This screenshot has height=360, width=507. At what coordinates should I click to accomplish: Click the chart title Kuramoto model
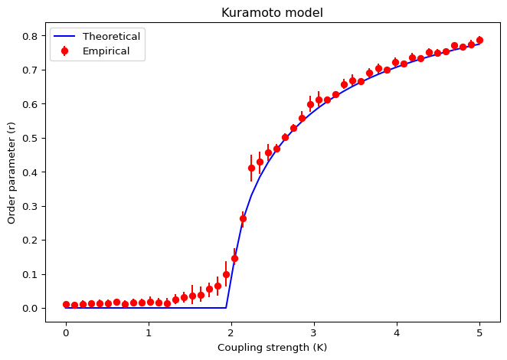click(272, 12)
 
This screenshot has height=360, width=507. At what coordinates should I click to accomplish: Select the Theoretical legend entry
click(112, 37)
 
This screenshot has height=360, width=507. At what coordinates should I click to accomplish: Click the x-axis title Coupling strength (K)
click(272, 348)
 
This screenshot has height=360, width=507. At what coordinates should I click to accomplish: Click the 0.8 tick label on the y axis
click(31, 36)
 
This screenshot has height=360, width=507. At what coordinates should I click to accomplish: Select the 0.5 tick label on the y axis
click(31, 138)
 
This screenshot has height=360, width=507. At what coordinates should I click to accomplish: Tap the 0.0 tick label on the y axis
click(31, 308)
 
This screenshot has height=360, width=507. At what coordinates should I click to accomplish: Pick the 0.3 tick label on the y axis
click(31, 206)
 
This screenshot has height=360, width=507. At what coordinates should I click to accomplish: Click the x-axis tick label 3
click(314, 333)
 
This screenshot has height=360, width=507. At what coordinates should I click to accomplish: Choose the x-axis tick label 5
click(479, 333)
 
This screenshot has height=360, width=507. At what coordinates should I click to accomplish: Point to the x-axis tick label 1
click(149, 333)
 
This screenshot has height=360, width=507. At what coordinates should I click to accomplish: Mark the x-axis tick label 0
click(66, 333)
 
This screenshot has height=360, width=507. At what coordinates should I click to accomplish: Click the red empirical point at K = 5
click(479, 40)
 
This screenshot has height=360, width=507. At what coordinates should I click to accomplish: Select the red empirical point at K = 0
click(66, 305)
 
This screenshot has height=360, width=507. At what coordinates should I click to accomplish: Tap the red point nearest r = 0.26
click(243, 218)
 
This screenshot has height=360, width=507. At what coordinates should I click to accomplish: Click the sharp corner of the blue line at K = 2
click(227, 308)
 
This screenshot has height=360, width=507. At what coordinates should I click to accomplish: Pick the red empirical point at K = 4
click(395, 63)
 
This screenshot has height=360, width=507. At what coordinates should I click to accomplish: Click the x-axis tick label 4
click(397, 333)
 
